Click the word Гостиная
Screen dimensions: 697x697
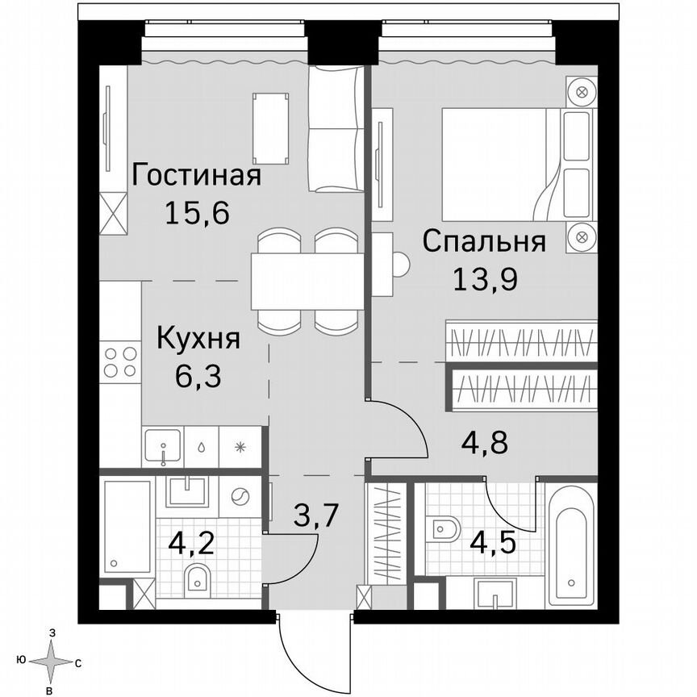tap(197, 175)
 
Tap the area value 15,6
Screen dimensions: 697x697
tap(197, 214)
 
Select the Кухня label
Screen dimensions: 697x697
tap(198, 338)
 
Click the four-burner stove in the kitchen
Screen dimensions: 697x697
tap(119, 361)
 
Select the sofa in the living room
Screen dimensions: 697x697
tap(337, 129)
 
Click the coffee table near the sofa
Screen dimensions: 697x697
tap(271, 127)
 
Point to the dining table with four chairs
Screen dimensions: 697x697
tap(307, 281)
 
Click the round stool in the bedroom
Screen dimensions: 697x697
tap(399, 265)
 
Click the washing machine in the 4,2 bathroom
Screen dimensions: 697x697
tap(240, 498)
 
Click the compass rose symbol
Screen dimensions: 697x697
tap(52, 662)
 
